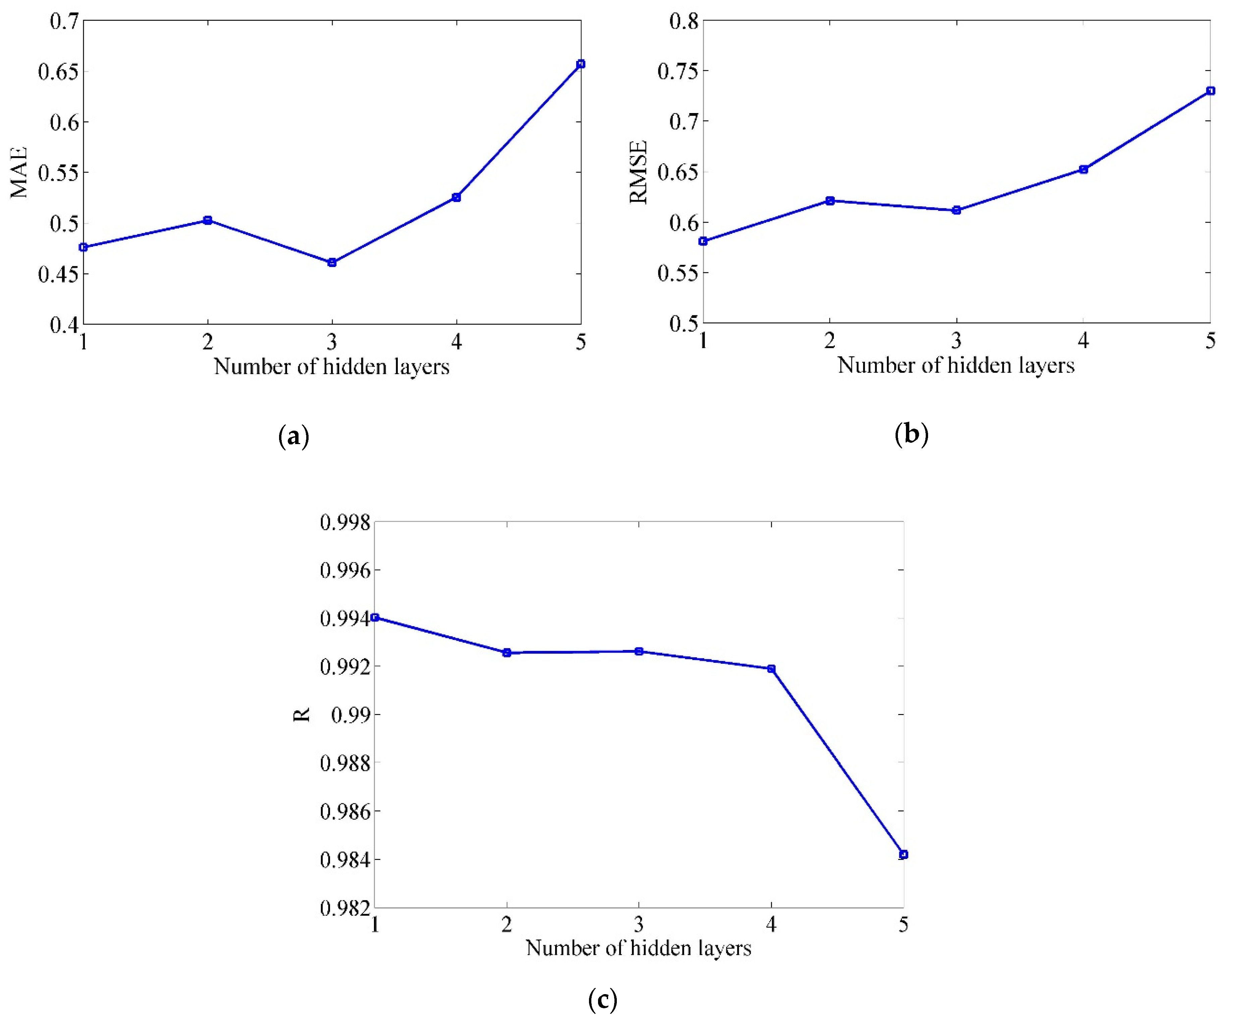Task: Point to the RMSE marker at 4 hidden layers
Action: point(1083,170)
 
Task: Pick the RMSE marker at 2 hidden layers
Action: point(830,201)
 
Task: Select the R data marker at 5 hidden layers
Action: point(903,855)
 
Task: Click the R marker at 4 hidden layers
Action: point(771,669)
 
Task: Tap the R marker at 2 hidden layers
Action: point(506,652)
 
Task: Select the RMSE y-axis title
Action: point(639,172)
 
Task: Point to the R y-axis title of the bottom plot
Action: point(302,715)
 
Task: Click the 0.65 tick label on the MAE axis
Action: point(58,72)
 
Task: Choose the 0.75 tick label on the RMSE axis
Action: point(678,71)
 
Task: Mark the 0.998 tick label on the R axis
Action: point(345,522)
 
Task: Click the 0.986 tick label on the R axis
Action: point(345,811)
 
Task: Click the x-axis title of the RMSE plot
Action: point(956,365)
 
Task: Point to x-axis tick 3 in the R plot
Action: point(639,925)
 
